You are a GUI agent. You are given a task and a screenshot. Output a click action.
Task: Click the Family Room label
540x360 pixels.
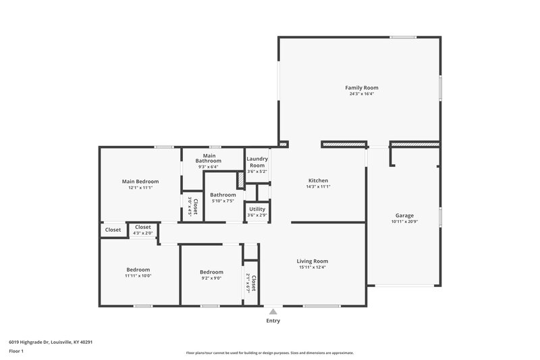[362, 88]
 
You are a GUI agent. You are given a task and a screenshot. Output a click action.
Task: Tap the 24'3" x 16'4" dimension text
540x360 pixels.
[362, 95]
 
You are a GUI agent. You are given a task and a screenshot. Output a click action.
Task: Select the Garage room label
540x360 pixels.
[404, 215]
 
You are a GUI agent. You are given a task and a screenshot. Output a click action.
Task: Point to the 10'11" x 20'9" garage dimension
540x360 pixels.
[404, 222]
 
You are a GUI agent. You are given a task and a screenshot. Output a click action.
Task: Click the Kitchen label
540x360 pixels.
[318, 180]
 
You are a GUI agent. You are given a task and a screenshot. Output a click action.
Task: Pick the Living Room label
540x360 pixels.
[313, 261]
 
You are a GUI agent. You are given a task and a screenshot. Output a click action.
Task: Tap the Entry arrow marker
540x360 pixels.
[273, 311]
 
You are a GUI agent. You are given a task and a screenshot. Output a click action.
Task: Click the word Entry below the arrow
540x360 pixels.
[273, 321]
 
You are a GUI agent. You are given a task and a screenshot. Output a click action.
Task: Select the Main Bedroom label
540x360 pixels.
[140, 181]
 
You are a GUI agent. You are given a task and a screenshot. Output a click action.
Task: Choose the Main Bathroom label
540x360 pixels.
[209, 158]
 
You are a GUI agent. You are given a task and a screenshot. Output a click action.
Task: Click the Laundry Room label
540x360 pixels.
[257, 162]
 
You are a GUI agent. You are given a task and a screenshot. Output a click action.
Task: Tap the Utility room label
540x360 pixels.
[257, 209]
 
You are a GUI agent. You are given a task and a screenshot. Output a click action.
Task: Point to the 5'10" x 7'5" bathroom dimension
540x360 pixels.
[223, 201]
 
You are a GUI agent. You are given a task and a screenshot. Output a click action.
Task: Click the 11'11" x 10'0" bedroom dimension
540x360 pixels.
[138, 276]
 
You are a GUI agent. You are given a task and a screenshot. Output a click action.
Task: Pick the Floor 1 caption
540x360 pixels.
[17, 351]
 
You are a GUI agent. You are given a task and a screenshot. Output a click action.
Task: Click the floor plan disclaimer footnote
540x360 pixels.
[269, 353]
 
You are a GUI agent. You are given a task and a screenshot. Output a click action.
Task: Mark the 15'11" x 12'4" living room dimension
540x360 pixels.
[313, 267]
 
